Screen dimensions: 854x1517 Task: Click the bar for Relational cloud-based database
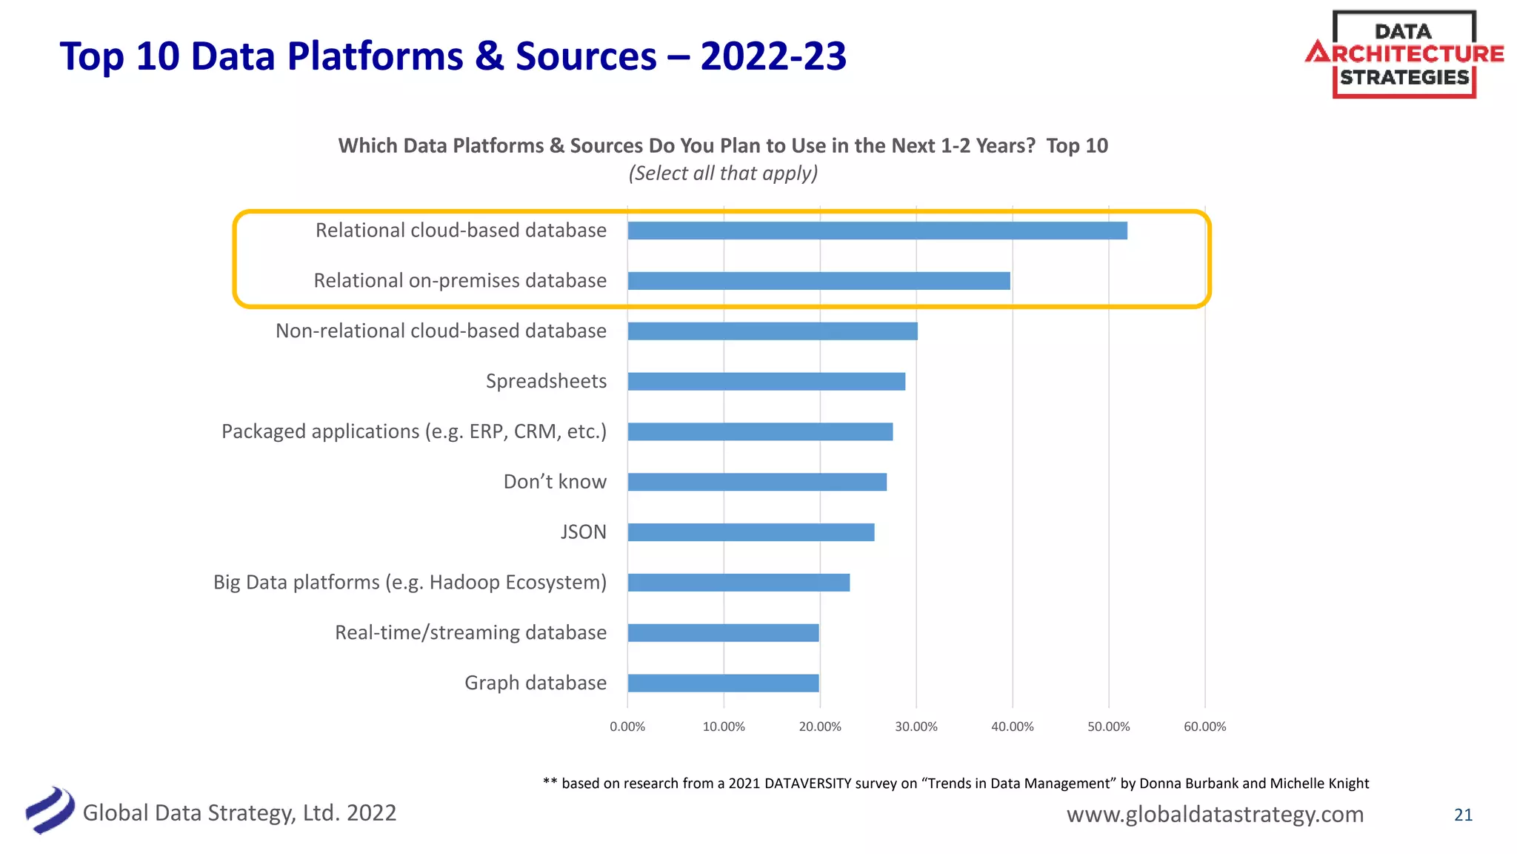point(877,231)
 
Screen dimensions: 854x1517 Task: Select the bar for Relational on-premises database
point(818,281)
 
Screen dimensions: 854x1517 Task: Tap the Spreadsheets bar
point(766,381)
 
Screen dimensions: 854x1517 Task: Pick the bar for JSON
point(750,532)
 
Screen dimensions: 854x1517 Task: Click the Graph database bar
point(723,683)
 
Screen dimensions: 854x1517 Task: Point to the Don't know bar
point(757,482)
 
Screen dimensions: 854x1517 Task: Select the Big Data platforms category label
point(410,583)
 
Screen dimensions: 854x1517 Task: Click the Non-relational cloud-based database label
point(441,331)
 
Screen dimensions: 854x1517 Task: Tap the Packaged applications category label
point(413,431)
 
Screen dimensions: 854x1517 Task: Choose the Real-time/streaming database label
point(470,632)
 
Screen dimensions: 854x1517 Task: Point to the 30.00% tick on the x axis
point(916,726)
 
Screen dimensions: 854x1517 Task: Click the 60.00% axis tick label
point(1204,726)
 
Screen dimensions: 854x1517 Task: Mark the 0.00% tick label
point(627,726)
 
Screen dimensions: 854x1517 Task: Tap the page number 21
point(1463,815)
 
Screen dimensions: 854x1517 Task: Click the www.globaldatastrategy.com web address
point(1215,814)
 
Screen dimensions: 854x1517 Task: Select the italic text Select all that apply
point(723,173)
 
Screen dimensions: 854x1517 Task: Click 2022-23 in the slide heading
point(773,56)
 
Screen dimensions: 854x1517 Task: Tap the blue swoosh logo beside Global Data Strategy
point(50,810)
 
